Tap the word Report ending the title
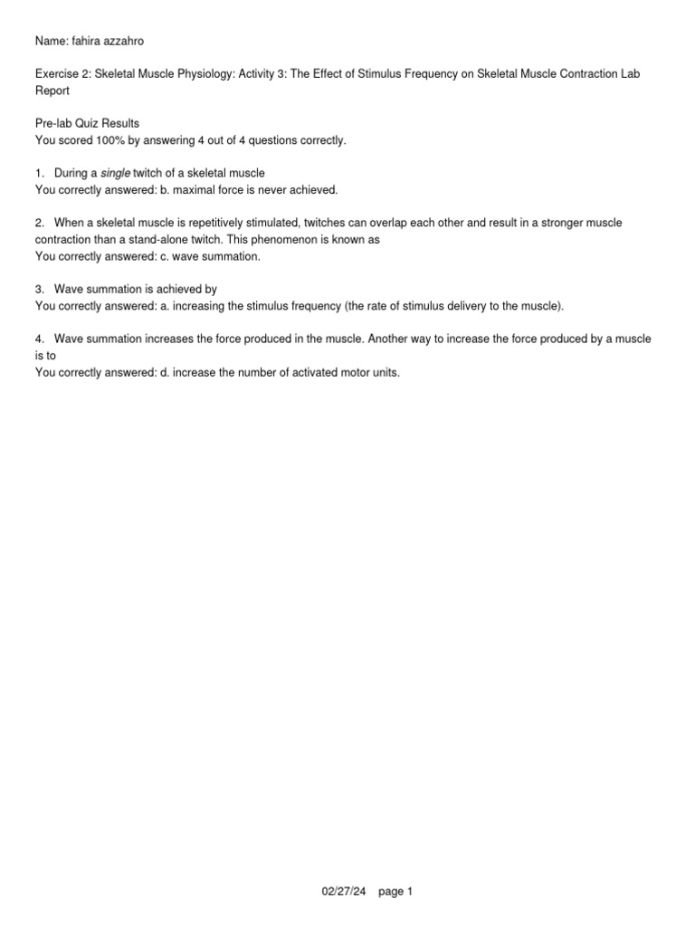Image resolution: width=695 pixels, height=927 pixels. click(52, 91)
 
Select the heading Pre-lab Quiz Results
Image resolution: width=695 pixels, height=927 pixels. click(87, 123)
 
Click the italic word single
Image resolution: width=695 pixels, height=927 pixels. click(115, 173)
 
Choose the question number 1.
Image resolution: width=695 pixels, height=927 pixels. click(39, 173)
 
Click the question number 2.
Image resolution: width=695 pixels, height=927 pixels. click(39, 223)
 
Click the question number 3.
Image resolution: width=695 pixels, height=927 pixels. click(39, 290)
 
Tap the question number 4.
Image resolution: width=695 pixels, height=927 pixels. click(39, 339)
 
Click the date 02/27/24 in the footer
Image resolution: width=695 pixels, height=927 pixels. click(343, 892)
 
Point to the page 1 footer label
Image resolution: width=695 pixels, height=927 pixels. click(395, 892)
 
